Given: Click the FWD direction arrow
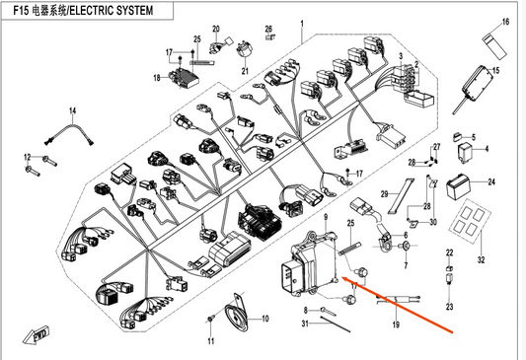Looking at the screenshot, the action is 36,335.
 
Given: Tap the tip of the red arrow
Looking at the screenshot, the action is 341,277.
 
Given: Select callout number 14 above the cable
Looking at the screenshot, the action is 73,110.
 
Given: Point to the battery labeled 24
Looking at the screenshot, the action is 458,186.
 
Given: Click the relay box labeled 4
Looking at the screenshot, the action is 465,153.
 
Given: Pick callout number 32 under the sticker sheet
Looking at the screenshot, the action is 481,259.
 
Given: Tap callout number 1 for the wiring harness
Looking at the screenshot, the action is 302,24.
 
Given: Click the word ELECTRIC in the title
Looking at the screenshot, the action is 88,11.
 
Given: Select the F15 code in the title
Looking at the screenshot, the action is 21,11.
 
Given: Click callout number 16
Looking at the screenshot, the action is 505,22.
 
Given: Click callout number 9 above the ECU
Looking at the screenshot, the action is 326,217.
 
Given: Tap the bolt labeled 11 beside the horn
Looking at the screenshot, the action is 210,319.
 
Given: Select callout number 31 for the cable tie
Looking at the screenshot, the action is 305,324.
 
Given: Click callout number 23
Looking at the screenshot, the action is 449,307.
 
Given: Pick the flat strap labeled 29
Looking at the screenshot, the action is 402,196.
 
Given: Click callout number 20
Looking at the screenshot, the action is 216,29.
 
